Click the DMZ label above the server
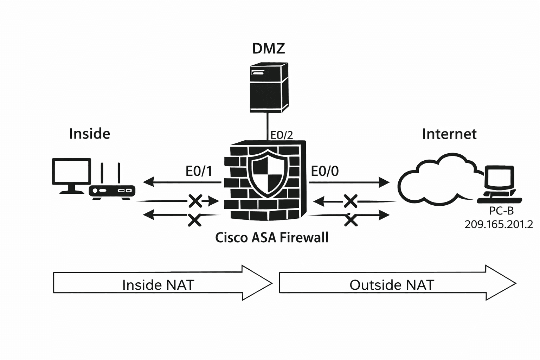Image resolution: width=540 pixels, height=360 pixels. (x=269, y=49)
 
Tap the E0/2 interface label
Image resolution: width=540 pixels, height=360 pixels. (x=281, y=135)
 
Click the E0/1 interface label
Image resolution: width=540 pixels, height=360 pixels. (x=199, y=171)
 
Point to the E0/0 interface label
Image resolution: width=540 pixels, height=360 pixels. (x=325, y=171)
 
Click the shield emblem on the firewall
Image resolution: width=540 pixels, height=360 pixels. (x=268, y=174)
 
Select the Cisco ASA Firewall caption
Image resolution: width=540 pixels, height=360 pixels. (x=271, y=238)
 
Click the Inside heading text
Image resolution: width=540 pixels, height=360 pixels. (x=90, y=134)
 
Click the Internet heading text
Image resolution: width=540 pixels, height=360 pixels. (x=449, y=134)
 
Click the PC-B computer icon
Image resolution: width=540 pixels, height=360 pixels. (x=499, y=185)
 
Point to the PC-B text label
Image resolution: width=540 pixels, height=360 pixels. (x=501, y=211)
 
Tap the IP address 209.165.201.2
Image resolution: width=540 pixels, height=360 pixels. (x=499, y=224)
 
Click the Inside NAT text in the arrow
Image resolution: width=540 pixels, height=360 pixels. (x=158, y=284)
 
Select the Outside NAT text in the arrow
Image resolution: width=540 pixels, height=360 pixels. (x=392, y=284)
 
